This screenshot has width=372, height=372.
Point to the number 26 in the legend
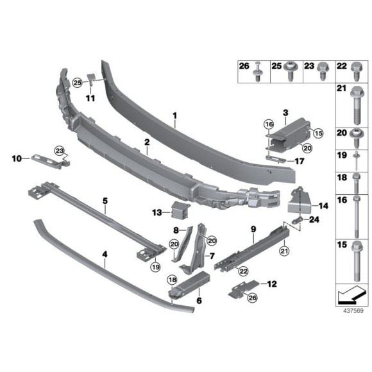243,66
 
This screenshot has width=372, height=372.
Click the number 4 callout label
105,255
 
